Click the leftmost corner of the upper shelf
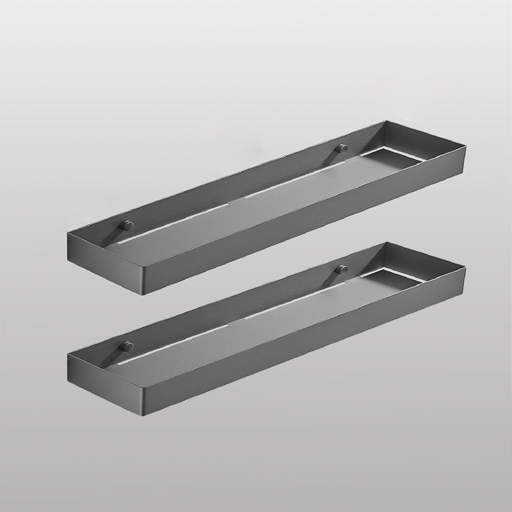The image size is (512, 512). [67, 234]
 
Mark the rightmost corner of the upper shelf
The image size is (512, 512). [467, 142]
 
